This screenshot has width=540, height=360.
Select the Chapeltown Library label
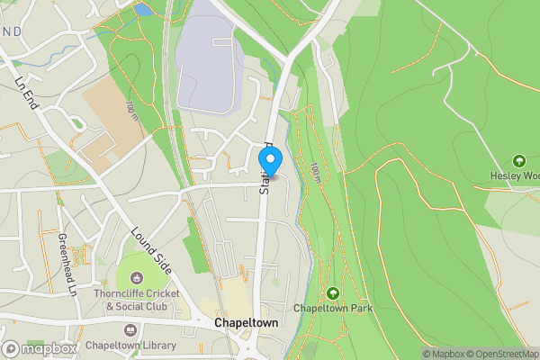tap(131, 345)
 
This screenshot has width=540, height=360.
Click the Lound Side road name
tap(150, 250)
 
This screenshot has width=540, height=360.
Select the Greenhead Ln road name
tap(65, 263)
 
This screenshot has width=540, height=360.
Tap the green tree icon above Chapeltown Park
tap(333, 292)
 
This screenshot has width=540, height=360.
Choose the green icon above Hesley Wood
tap(518, 159)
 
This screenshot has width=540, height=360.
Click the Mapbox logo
tap(38, 348)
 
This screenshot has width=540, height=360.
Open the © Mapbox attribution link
tap(445, 354)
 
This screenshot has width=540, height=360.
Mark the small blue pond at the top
tap(142, 11)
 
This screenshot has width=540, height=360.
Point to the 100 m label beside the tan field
tap(131, 112)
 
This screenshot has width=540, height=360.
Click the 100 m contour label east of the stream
tap(316, 172)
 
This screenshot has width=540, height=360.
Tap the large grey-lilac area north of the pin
tap(207, 58)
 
